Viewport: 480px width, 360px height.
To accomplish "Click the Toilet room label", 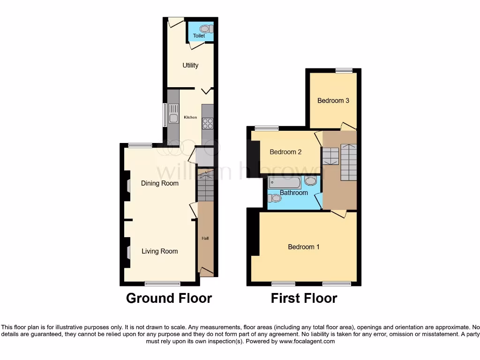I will coord(199,36).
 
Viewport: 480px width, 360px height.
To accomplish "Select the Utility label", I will coord(190,65).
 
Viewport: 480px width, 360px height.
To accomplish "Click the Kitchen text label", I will coord(190,117).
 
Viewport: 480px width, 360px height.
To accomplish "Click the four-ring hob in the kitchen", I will coord(207,123).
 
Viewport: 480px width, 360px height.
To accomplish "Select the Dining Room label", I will coord(160,183).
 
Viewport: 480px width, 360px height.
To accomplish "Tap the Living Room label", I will coord(160,251).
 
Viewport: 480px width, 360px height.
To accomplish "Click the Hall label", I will coord(205,238).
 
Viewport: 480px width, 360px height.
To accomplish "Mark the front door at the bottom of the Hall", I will coord(206,271).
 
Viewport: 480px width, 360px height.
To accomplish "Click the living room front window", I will coord(162,283).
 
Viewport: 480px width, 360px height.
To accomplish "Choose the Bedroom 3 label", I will coord(333,100).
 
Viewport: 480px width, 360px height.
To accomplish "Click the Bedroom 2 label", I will coord(285,152).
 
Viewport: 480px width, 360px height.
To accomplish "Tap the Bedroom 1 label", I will coord(304,247).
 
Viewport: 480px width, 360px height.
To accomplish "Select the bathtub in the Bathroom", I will coord(285,183).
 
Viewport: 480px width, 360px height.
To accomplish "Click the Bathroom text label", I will coord(294,193).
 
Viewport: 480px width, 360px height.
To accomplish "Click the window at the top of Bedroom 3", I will coord(344,70).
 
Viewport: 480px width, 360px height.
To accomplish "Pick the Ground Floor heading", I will coord(169,298).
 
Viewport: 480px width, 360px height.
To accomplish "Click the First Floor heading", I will coord(304,298).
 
